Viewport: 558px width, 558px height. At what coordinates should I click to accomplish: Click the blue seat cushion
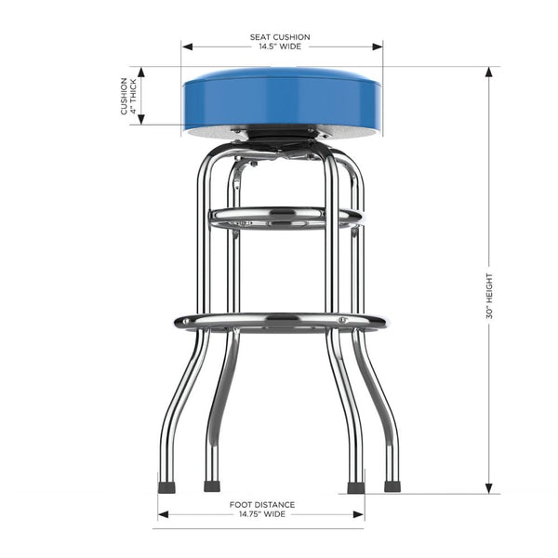(282, 99)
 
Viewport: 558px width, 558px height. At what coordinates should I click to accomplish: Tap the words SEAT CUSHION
(280, 37)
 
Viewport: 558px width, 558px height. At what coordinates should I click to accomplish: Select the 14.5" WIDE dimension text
(280, 47)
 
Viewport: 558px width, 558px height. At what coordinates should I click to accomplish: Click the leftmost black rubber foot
(166, 486)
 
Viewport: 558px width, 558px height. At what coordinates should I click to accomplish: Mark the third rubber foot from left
(354, 486)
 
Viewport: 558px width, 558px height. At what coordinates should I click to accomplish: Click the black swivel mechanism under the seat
(282, 139)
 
